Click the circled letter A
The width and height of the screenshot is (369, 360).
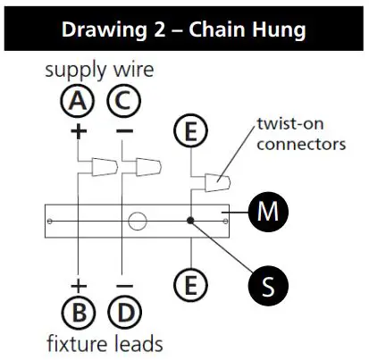[x=79, y=102]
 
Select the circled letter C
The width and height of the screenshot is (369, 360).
[x=123, y=102]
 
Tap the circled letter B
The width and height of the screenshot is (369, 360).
[x=79, y=314]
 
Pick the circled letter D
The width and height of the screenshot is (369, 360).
[x=123, y=314]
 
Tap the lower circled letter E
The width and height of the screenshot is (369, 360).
[x=189, y=285]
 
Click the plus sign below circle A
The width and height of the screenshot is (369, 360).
[x=79, y=130]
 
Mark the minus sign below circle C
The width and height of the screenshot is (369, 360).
[x=123, y=130]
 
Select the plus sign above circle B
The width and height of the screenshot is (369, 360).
[x=79, y=285]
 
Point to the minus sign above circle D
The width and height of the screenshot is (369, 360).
[x=123, y=285]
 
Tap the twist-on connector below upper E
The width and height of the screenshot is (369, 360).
[x=214, y=183]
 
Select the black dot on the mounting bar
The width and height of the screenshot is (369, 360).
[x=189, y=220]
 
